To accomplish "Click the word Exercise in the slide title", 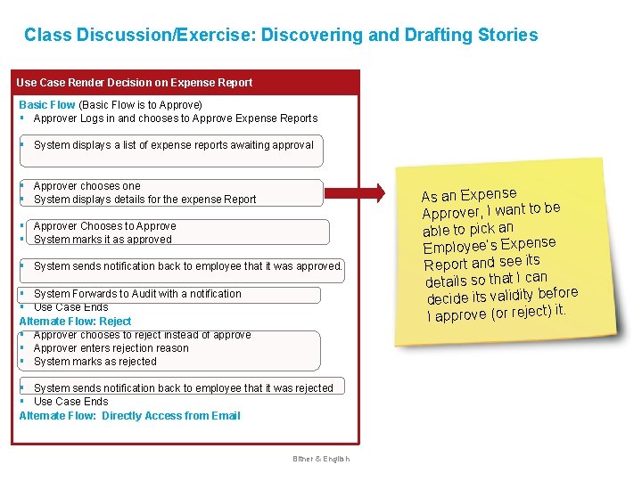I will [214, 36].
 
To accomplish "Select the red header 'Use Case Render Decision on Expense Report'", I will [135, 83].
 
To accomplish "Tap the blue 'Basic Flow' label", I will [47, 105].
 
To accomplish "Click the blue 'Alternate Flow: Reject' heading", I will [75, 321].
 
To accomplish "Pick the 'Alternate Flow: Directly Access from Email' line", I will [129, 415].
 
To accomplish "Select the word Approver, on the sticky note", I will [452, 214].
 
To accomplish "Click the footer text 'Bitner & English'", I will [321, 459].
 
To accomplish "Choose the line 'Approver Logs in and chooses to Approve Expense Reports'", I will [175, 118].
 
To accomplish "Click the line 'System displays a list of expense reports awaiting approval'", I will [173, 144].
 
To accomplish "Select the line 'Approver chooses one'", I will [86, 186].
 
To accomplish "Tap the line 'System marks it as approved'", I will [103, 240].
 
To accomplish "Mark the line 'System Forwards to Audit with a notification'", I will [137, 294].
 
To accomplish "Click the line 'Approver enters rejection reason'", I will [111, 348].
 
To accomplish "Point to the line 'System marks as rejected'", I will [95, 362].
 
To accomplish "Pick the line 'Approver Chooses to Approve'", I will [104, 226].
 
